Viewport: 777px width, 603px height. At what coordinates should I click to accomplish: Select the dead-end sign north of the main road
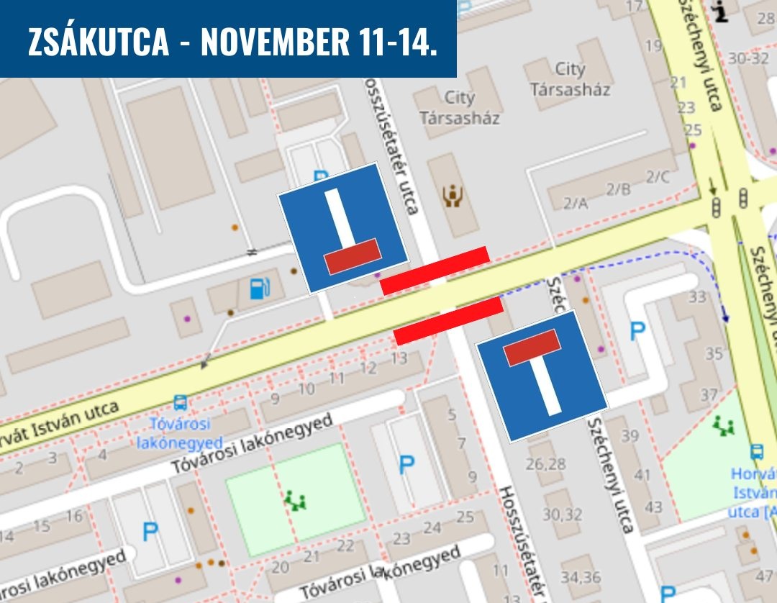[342, 227]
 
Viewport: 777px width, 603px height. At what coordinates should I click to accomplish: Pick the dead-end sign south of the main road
[542, 375]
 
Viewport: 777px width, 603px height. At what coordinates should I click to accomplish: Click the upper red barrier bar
[435, 270]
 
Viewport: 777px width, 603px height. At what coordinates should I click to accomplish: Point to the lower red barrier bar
[447, 320]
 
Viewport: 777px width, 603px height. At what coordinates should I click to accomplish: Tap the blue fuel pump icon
[260, 288]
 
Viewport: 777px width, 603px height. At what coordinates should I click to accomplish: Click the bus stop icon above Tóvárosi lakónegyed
[179, 403]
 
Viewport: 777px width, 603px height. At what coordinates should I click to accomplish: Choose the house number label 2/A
[575, 204]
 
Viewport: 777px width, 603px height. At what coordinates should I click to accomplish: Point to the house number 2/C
[657, 177]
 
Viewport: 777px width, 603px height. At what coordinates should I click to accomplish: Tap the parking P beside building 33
[637, 332]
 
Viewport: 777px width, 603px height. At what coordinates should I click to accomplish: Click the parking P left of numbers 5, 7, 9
[406, 465]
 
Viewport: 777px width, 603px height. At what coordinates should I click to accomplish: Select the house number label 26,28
[545, 463]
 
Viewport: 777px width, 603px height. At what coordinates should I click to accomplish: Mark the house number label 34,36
[581, 576]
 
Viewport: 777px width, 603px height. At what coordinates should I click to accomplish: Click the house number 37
[709, 394]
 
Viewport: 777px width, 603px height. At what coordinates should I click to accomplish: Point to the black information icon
[719, 12]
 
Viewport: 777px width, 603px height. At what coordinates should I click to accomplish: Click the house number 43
[653, 507]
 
